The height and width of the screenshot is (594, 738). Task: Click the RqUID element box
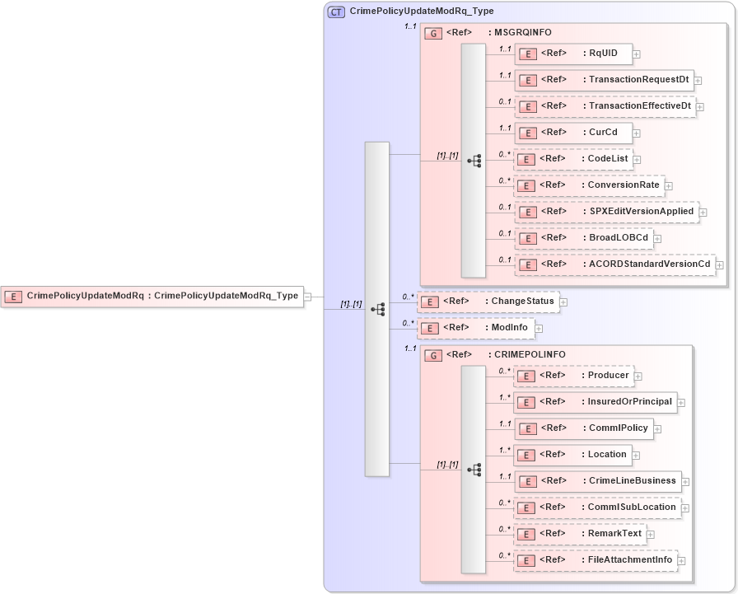pos(573,54)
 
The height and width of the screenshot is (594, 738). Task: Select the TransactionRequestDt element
pos(604,80)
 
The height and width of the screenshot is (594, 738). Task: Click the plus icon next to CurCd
pos(636,133)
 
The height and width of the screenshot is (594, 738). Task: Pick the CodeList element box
pos(573,159)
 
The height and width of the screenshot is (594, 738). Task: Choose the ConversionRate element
pos(589,185)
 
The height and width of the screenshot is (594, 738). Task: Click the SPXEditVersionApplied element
pos(606,212)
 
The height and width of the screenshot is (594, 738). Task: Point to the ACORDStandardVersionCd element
pos(614,264)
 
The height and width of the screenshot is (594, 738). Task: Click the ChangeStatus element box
pos(488,302)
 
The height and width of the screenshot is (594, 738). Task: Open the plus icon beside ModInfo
pos(539,329)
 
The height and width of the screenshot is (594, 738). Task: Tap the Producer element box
pos(573,376)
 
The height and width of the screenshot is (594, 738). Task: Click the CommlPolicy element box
pos(583,428)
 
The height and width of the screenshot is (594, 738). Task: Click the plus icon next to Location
pos(635,456)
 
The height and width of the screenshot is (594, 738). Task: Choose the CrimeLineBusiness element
pos(596,481)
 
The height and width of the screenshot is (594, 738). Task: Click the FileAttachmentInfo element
pos(595,560)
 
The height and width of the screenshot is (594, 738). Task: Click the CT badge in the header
pos(336,12)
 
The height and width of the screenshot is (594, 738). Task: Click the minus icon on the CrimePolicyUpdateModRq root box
pos(307,297)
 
